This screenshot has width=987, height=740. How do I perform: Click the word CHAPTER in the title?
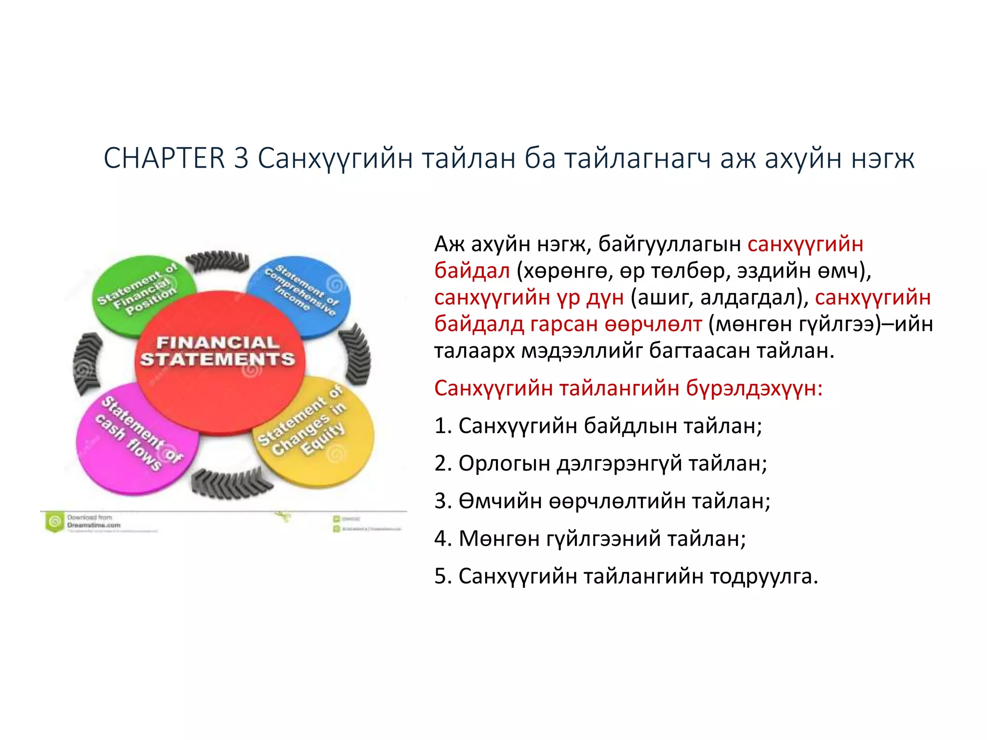[x=164, y=158]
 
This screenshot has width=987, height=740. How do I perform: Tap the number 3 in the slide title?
[x=241, y=158]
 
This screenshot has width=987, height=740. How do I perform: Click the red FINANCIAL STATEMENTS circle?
[x=219, y=366]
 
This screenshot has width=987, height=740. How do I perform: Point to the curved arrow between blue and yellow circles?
[x=357, y=354]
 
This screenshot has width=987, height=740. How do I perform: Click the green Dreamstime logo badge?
[x=54, y=522]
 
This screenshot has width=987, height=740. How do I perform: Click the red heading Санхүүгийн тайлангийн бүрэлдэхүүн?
[x=628, y=388]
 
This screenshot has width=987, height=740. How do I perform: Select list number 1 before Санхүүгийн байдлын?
[x=442, y=426]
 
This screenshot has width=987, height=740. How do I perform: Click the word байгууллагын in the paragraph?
[x=669, y=244]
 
